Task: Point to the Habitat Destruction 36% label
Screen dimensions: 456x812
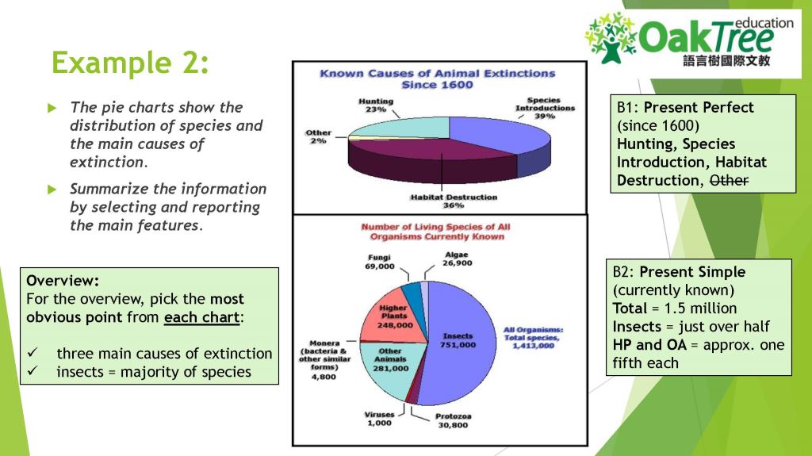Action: (453, 201)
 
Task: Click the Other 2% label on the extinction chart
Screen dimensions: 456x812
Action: (318, 136)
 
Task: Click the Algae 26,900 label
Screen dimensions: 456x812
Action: (457, 259)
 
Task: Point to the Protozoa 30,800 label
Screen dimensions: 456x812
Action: (453, 420)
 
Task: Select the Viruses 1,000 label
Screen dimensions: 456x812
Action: (378, 419)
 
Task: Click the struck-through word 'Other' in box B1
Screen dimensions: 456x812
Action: (728, 181)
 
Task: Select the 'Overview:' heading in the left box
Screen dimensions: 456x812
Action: (63, 281)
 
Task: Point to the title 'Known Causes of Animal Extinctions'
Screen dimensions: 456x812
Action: (437, 74)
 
